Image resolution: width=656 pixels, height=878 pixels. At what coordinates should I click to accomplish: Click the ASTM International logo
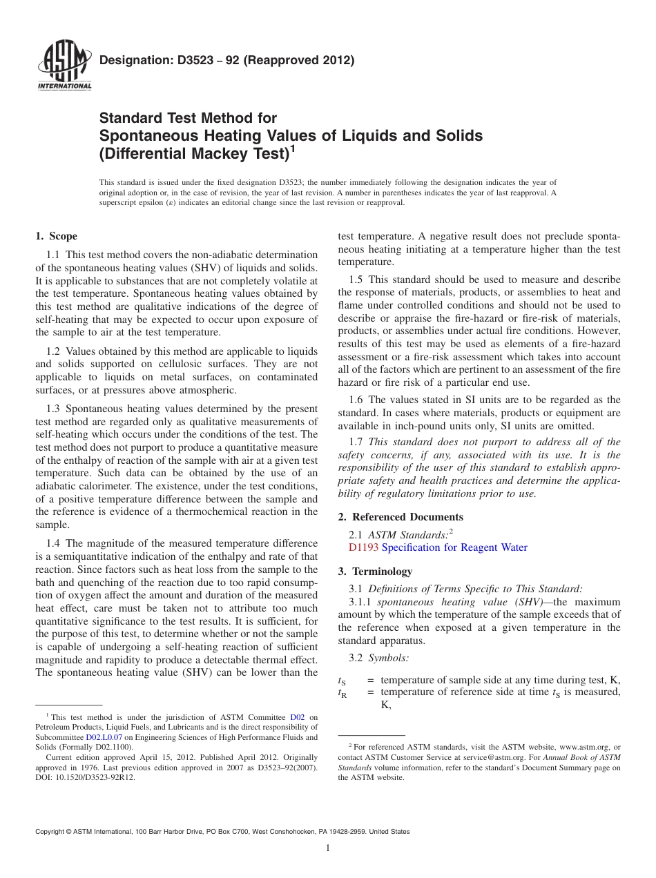tap(64, 66)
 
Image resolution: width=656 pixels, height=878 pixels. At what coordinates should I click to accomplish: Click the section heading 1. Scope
tap(56, 236)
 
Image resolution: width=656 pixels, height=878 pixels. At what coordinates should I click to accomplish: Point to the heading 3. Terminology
tap(382, 572)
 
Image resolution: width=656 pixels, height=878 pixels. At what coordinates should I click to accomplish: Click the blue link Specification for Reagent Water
tap(454, 547)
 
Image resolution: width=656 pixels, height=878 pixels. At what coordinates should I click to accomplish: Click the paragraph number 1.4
tap(55, 544)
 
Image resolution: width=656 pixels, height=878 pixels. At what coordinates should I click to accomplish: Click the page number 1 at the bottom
tap(328, 848)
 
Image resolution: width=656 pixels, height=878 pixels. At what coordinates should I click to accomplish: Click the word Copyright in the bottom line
tap(53, 832)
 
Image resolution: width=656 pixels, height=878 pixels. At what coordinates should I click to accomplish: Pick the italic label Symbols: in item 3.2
tap(388, 658)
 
